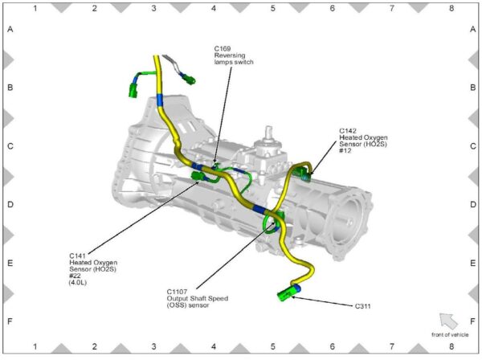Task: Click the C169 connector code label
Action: tap(223, 48)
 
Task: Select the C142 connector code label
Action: tap(348, 129)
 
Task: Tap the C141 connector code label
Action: tap(78, 255)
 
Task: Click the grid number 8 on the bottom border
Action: tap(451, 347)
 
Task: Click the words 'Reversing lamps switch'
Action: tap(234, 59)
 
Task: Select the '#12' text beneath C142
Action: tap(345, 150)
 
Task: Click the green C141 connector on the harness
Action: tap(197, 174)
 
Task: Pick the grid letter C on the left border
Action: tap(11, 146)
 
